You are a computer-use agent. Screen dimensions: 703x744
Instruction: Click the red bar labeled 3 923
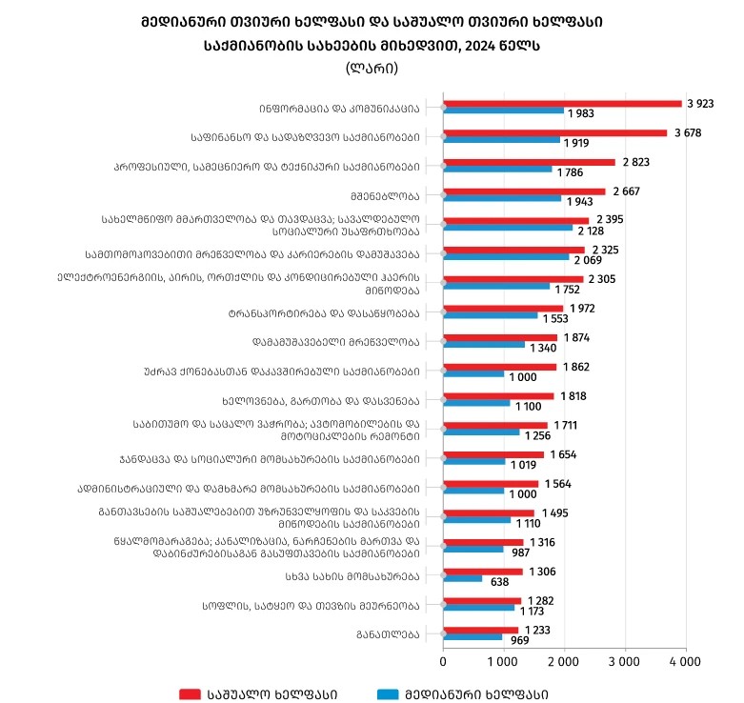[562, 103]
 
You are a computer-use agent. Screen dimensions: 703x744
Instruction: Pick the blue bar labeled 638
[463, 578]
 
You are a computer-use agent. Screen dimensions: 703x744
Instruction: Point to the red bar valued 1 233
[481, 629]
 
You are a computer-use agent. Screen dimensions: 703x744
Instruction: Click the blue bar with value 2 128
[508, 229]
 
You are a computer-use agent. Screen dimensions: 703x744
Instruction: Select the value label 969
[520, 640]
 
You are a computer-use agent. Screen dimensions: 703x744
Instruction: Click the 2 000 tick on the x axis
[564, 660]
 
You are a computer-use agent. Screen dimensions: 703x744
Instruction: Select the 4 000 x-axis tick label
[685, 660]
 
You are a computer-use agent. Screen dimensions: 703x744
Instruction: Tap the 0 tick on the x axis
[444, 660]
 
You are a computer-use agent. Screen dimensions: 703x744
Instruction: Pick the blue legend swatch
[387, 693]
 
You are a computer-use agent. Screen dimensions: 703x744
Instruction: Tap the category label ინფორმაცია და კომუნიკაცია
[339, 108]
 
